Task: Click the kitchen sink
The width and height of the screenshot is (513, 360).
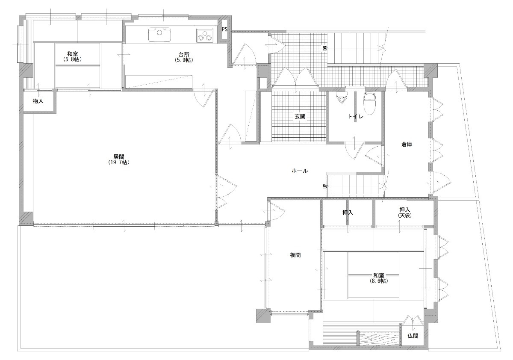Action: pos(159,35)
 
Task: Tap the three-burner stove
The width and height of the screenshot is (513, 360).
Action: pos(205,35)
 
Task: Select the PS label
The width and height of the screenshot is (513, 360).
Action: pos(224,30)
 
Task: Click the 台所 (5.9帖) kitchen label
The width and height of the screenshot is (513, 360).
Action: pos(184,57)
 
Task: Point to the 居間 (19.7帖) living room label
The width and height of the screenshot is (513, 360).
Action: pos(119,159)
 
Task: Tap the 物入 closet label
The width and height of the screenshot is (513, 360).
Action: pos(38,101)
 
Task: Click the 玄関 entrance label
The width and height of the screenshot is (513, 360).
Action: pos(300,116)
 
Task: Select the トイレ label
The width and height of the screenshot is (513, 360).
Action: pos(355,116)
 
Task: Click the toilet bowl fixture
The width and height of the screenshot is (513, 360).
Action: pos(370,103)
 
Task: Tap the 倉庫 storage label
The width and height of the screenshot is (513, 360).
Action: pos(407,144)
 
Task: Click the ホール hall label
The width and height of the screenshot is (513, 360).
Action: pos(300,171)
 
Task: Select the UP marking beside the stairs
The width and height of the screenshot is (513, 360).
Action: pos(324,186)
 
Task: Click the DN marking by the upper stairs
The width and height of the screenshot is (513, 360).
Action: pos(324,48)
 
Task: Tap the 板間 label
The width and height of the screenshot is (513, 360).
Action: pos(295,255)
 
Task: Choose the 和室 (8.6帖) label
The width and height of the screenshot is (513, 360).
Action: pos(379,278)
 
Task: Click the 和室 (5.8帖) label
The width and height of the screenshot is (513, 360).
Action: pos(72,56)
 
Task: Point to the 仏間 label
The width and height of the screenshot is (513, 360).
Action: pos(413,336)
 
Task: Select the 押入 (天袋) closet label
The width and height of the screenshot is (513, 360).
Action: pos(405,212)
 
